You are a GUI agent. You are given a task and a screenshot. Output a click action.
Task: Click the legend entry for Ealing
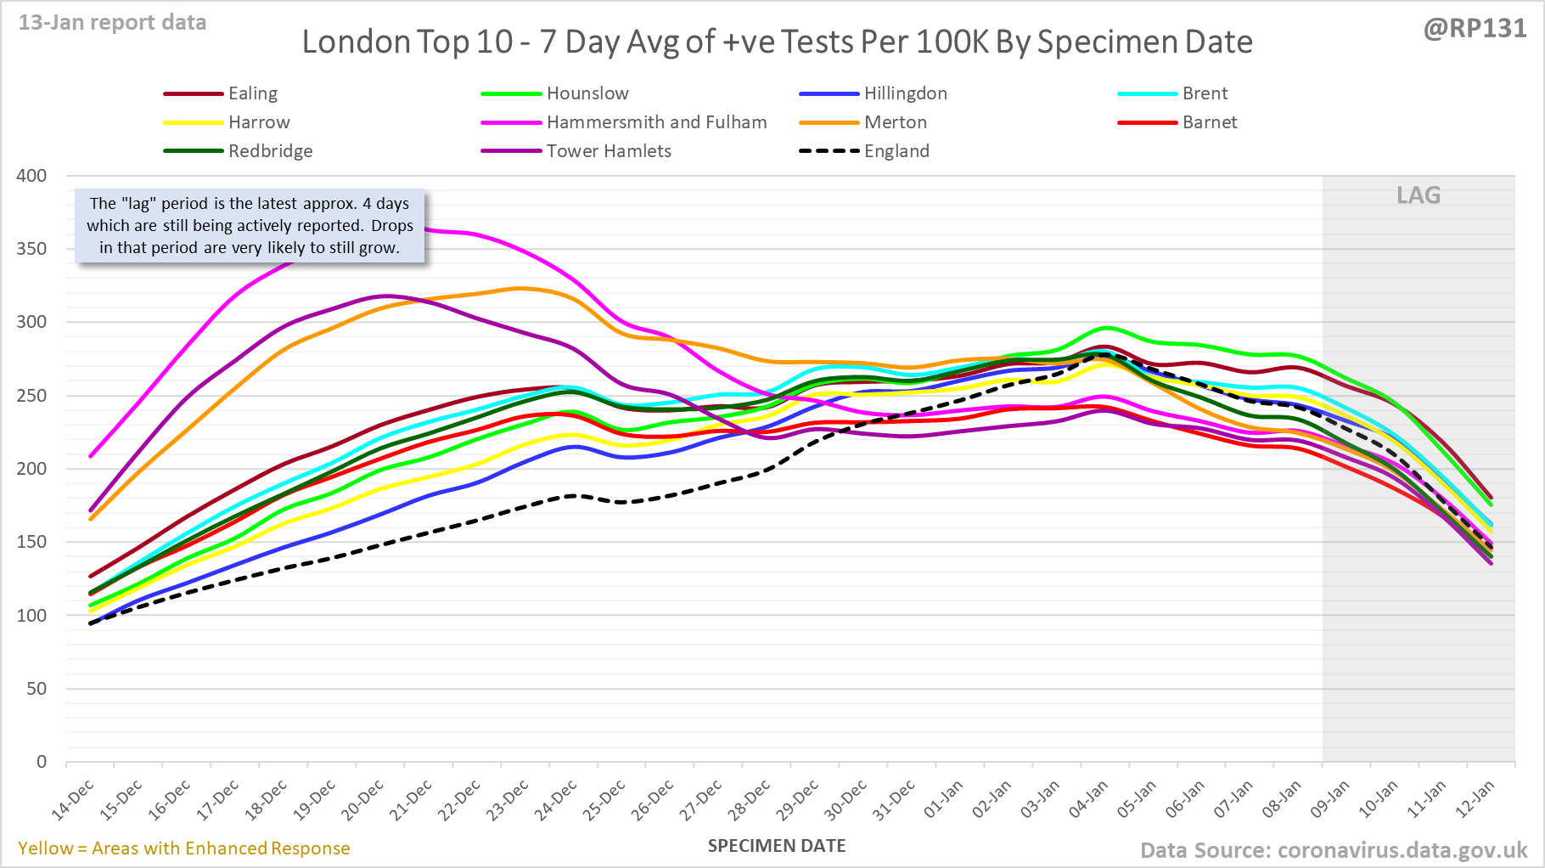pyautogui.click(x=252, y=93)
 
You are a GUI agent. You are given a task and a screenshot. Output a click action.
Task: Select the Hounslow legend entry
pyautogui.click(x=587, y=93)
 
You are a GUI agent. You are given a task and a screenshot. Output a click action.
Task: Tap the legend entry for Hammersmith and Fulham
pyautogui.click(x=656, y=122)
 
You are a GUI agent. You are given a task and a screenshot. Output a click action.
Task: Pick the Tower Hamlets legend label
pyautogui.click(x=608, y=151)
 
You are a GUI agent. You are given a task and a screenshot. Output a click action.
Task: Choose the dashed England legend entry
pyautogui.click(x=896, y=151)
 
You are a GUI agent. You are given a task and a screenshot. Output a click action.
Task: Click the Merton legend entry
pyautogui.click(x=895, y=122)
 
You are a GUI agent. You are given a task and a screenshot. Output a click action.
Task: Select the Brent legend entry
pyautogui.click(x=1205, y=93)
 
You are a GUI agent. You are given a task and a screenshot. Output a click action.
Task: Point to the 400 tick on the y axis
pyautogui.click(x=31, y=176)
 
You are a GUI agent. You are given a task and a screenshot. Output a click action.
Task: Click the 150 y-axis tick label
pyautogui.click(x=31, y=542)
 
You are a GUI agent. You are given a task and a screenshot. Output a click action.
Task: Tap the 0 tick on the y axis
pyautogui.click(x=41, y=762)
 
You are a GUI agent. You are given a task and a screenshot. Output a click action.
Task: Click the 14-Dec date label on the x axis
pyautogui.click(x=74, y=800)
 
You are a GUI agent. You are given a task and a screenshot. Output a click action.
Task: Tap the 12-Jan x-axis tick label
pyautogui.click(x=1476, y=800)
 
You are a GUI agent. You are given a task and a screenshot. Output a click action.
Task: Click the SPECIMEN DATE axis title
pyautogui.click(x=777, y=846)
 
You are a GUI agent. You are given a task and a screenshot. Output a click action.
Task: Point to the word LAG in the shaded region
pyautogui.click(x=1419, y=195)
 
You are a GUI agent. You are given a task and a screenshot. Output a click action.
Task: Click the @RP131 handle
pyautogui.click(x=1475, y=29)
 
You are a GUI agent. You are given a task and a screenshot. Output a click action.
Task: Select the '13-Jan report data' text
pyautogui.click(x=112, y=23)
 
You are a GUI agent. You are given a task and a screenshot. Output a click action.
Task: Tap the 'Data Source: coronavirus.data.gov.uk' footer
pyautogui.click(x=1334, y=850)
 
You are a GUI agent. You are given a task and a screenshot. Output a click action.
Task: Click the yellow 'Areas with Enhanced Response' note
pyautogui.click(x=183, y=848)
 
